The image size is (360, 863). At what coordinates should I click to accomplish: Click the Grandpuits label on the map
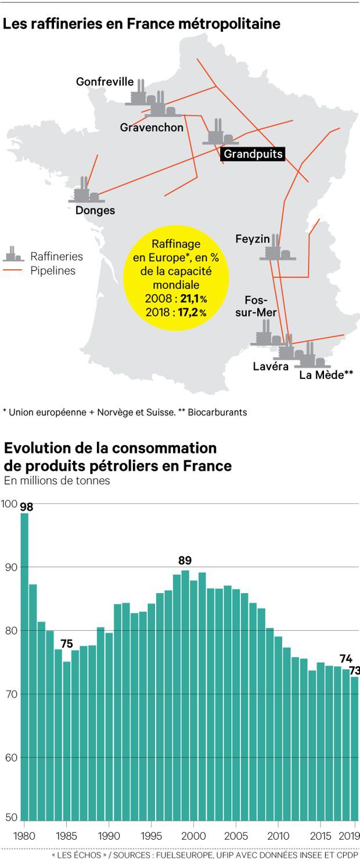(x=253, y=154)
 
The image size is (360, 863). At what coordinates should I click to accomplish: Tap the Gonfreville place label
(x=105, y=82)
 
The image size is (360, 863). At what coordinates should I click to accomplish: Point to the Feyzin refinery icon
(x=278, y=248)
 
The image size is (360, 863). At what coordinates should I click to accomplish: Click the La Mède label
(x=326, y=374)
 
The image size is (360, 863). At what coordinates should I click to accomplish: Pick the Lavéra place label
(x=271, y=367)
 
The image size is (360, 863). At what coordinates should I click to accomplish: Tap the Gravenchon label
(x=152, y=127)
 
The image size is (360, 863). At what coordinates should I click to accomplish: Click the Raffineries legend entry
(x=56, y=256)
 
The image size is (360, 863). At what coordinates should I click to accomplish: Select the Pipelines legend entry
(x=53, y=270)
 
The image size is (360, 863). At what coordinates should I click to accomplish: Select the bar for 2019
(x=355, y=749)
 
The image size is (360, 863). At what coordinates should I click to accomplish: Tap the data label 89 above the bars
(x=185, y=561)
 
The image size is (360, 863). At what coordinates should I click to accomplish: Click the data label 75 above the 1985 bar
(x=67, y=644)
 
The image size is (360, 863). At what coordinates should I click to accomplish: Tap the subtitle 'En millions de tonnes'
(x=56, y=481)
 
